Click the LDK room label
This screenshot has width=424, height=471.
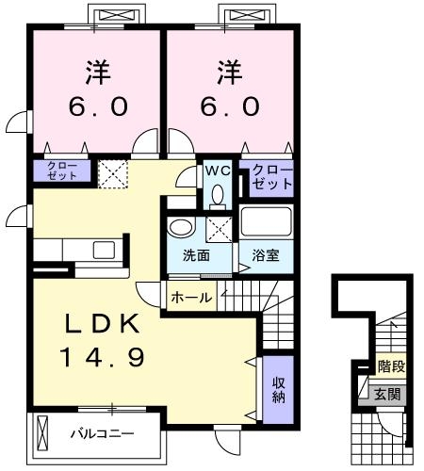coord(104,325)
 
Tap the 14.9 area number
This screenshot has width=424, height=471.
coord(104,358)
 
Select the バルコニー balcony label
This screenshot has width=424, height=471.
coord(103,434)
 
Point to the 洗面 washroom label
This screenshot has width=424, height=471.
coord(196,256)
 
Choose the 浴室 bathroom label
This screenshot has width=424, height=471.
coord(264,256)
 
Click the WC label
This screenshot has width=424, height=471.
coord(219,171)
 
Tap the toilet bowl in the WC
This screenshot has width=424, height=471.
coord(218,195)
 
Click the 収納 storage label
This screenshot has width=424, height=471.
coord(280,390)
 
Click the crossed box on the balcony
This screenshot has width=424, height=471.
coord(41,434)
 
